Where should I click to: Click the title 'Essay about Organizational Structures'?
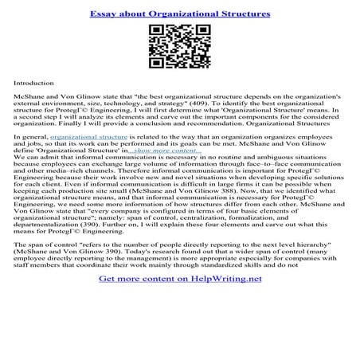click(x=179, y=14)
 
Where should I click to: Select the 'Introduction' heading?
click(x=33, y=82)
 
